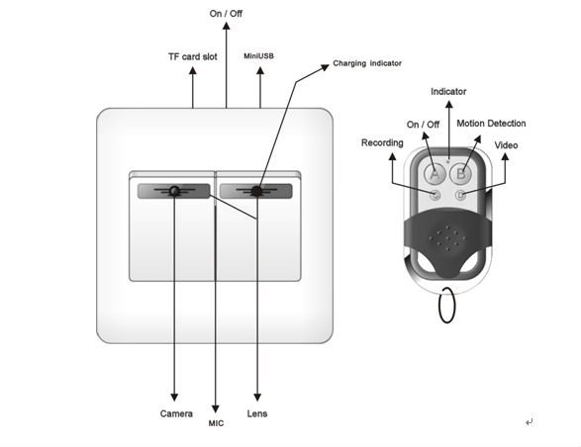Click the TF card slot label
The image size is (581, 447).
(x=192, y=56)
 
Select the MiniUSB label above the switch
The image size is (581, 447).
(x=258, y=56)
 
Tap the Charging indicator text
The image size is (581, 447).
(x=367, y=64)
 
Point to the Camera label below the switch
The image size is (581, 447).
(x=176, y=412)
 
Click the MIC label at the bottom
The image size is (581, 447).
(x=216, y=423)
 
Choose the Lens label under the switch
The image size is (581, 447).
(x=257, y=412)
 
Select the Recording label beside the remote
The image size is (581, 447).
(x=382, y=142)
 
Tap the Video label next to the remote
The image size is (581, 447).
(x=506, y=145)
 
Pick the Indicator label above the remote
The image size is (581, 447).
(x=448, y=91)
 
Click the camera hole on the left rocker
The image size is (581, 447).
(x=175, y=190)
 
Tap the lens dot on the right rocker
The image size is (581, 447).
(x=256, y=190)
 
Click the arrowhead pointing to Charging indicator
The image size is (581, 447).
(x=328, y=68)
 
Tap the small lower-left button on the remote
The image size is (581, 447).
(x=435, y=195)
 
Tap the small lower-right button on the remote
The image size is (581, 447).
(x=460, y=195)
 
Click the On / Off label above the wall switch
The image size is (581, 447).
(x=226, y=14)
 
